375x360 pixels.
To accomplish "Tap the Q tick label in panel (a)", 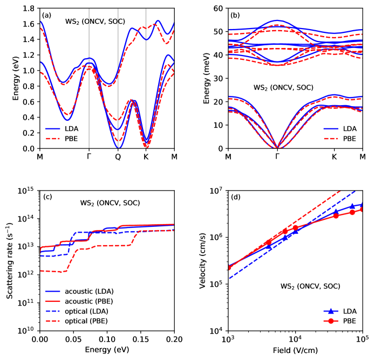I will [118, 157].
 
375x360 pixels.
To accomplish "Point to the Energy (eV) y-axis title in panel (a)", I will [16, 79].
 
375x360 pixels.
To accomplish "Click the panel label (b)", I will [235, 15].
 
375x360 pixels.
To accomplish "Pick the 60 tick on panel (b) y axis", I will [218, 9].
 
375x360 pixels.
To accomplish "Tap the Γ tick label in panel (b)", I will [277, 157].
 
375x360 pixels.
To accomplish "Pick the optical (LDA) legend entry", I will [84, 311].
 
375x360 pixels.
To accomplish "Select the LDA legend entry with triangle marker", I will [341, 311].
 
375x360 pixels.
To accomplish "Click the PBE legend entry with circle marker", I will [341, 321].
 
